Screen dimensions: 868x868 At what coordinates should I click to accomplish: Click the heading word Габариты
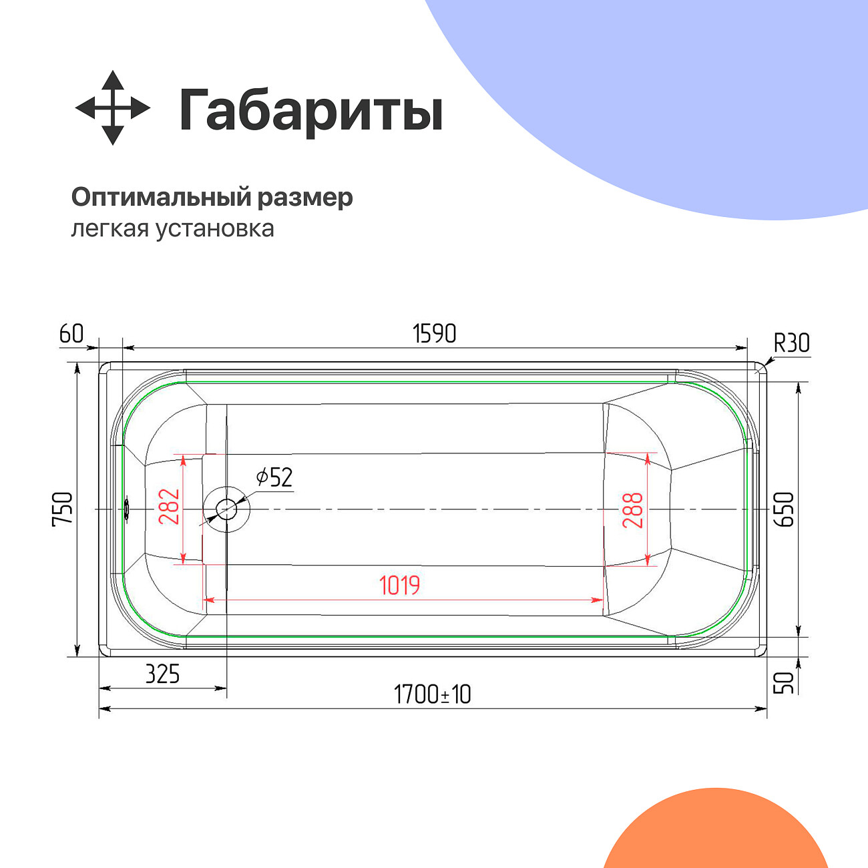coord(310,111)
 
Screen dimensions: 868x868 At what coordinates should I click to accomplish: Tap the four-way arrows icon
coord(112,107)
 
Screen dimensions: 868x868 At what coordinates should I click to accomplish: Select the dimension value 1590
coord(434,333)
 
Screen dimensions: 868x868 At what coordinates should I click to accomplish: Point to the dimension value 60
coord(71,333)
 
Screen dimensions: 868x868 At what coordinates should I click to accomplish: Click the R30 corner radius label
coord(791,343)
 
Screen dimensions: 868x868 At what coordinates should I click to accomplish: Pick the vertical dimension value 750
coord(63,509)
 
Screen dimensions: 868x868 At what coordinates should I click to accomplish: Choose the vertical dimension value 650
coord(785,509)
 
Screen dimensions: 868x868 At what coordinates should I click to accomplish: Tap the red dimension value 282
coord(169,506)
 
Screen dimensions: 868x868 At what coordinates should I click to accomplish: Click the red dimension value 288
coord(632,510)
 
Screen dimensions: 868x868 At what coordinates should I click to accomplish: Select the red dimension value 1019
coord(399,586)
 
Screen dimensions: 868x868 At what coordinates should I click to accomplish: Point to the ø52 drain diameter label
coord(274,477)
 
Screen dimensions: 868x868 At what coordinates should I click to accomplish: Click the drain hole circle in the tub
coord(226,509)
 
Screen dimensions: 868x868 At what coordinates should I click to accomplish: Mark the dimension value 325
coord(162,674)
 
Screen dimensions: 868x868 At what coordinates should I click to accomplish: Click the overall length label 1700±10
coord(432,694)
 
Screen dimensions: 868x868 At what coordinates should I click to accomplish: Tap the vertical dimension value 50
coord(785,682)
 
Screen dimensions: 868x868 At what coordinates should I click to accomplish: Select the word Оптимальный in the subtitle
coord(160,198)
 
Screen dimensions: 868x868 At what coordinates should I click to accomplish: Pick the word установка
coord(215,228)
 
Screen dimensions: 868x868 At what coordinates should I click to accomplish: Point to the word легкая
coord(110,229)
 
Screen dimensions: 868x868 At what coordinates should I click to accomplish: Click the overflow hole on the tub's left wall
coord(126,509)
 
